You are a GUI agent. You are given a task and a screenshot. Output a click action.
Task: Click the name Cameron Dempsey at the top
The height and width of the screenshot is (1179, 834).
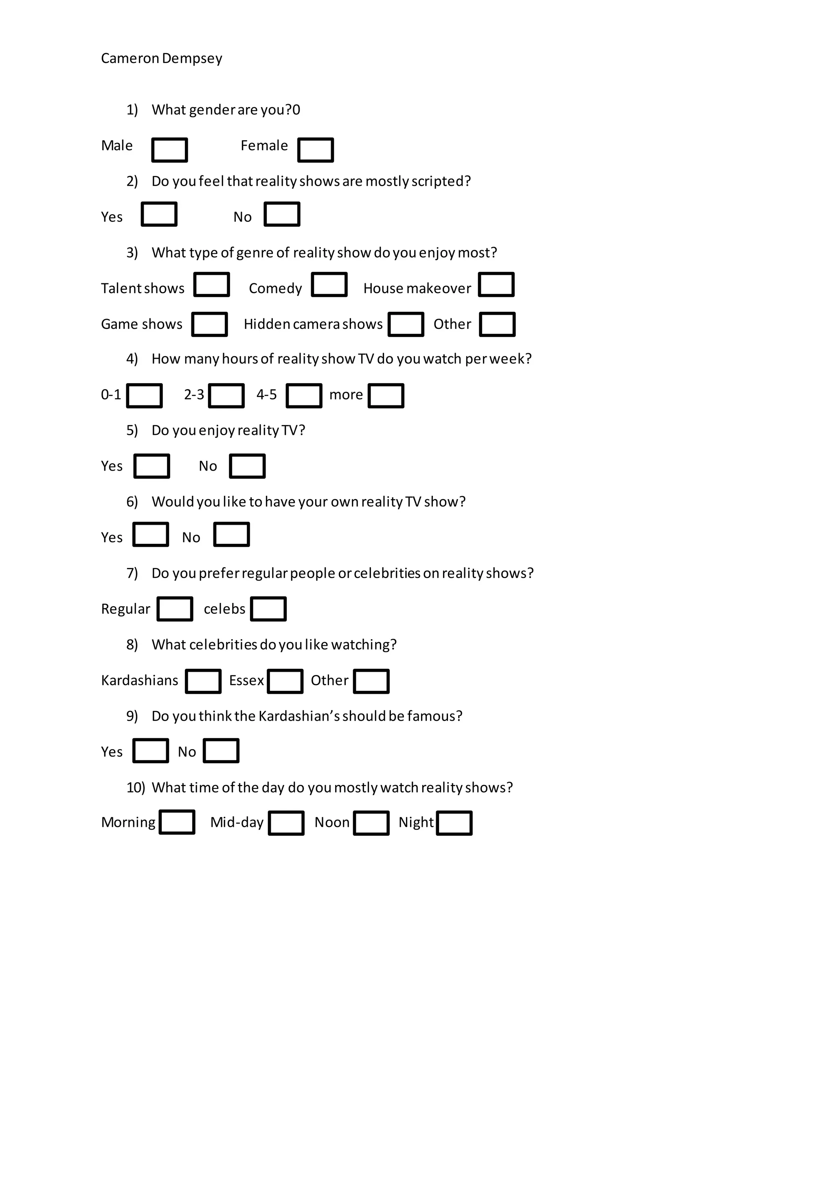[x=161, y=59]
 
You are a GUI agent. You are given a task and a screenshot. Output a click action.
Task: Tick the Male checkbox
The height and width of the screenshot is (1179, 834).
[x=169, y=150]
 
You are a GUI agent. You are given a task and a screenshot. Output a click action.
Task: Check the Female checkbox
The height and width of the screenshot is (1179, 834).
[x=315, y=150]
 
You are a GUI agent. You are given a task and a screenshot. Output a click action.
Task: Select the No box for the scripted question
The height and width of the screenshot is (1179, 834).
[x=282, y=214]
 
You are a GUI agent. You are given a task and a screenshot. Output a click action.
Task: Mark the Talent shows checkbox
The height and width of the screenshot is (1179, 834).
[x=212, y=285]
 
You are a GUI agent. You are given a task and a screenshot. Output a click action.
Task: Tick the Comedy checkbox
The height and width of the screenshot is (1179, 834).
[x=329, y=285]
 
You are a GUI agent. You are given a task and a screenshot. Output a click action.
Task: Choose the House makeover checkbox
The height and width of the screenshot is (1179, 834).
[x=496, y=285]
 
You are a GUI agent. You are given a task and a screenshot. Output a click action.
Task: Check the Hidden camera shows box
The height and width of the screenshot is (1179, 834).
[x=406, y=324]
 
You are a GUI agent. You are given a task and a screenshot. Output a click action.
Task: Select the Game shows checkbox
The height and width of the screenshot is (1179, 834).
[x=210, y=324]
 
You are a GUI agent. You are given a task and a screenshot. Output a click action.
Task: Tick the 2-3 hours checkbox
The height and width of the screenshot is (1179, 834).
[x=226, y=396]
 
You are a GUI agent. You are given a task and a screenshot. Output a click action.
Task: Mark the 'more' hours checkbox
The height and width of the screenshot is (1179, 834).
[x=386, y=396]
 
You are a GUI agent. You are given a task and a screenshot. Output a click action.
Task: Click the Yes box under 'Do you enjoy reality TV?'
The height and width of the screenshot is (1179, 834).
[x=151, y=466]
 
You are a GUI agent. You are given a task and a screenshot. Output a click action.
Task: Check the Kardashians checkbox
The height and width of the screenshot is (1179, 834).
[x=203, y=682]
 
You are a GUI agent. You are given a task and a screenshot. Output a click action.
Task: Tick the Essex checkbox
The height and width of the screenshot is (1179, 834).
[x=285, y=682]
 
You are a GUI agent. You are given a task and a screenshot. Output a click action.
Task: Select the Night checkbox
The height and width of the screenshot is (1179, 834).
[x=454, y=823]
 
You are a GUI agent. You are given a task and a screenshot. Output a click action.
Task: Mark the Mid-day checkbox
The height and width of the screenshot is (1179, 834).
[x=286, y=823]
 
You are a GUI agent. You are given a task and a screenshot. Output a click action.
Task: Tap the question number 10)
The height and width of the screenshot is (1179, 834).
[x=136, y=788]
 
